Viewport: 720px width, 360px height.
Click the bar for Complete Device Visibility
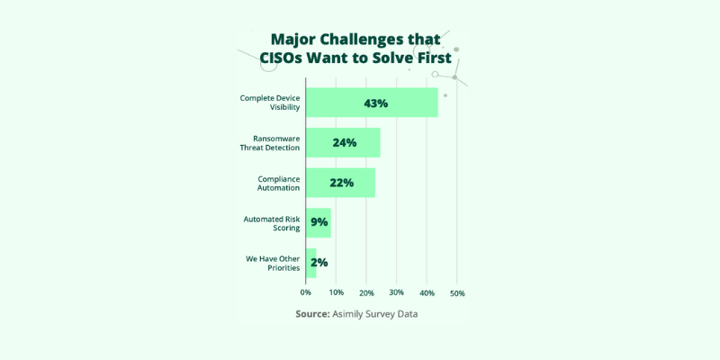372,103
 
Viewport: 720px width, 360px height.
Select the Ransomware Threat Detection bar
343,143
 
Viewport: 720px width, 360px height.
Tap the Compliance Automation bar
340,183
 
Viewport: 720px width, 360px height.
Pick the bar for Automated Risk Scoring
319,222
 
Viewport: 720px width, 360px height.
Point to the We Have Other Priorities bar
310,263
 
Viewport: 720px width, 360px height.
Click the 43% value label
375,103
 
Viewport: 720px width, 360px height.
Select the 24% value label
345,143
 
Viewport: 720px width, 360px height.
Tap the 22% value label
341,183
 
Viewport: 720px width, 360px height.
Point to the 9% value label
319,223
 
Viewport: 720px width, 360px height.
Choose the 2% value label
319,263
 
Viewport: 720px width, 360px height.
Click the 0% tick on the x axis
306,293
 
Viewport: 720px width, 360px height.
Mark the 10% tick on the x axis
336,293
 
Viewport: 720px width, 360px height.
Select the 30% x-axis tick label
397,293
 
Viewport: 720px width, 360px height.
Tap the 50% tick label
456,293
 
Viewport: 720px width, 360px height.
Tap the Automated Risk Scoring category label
271,223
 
